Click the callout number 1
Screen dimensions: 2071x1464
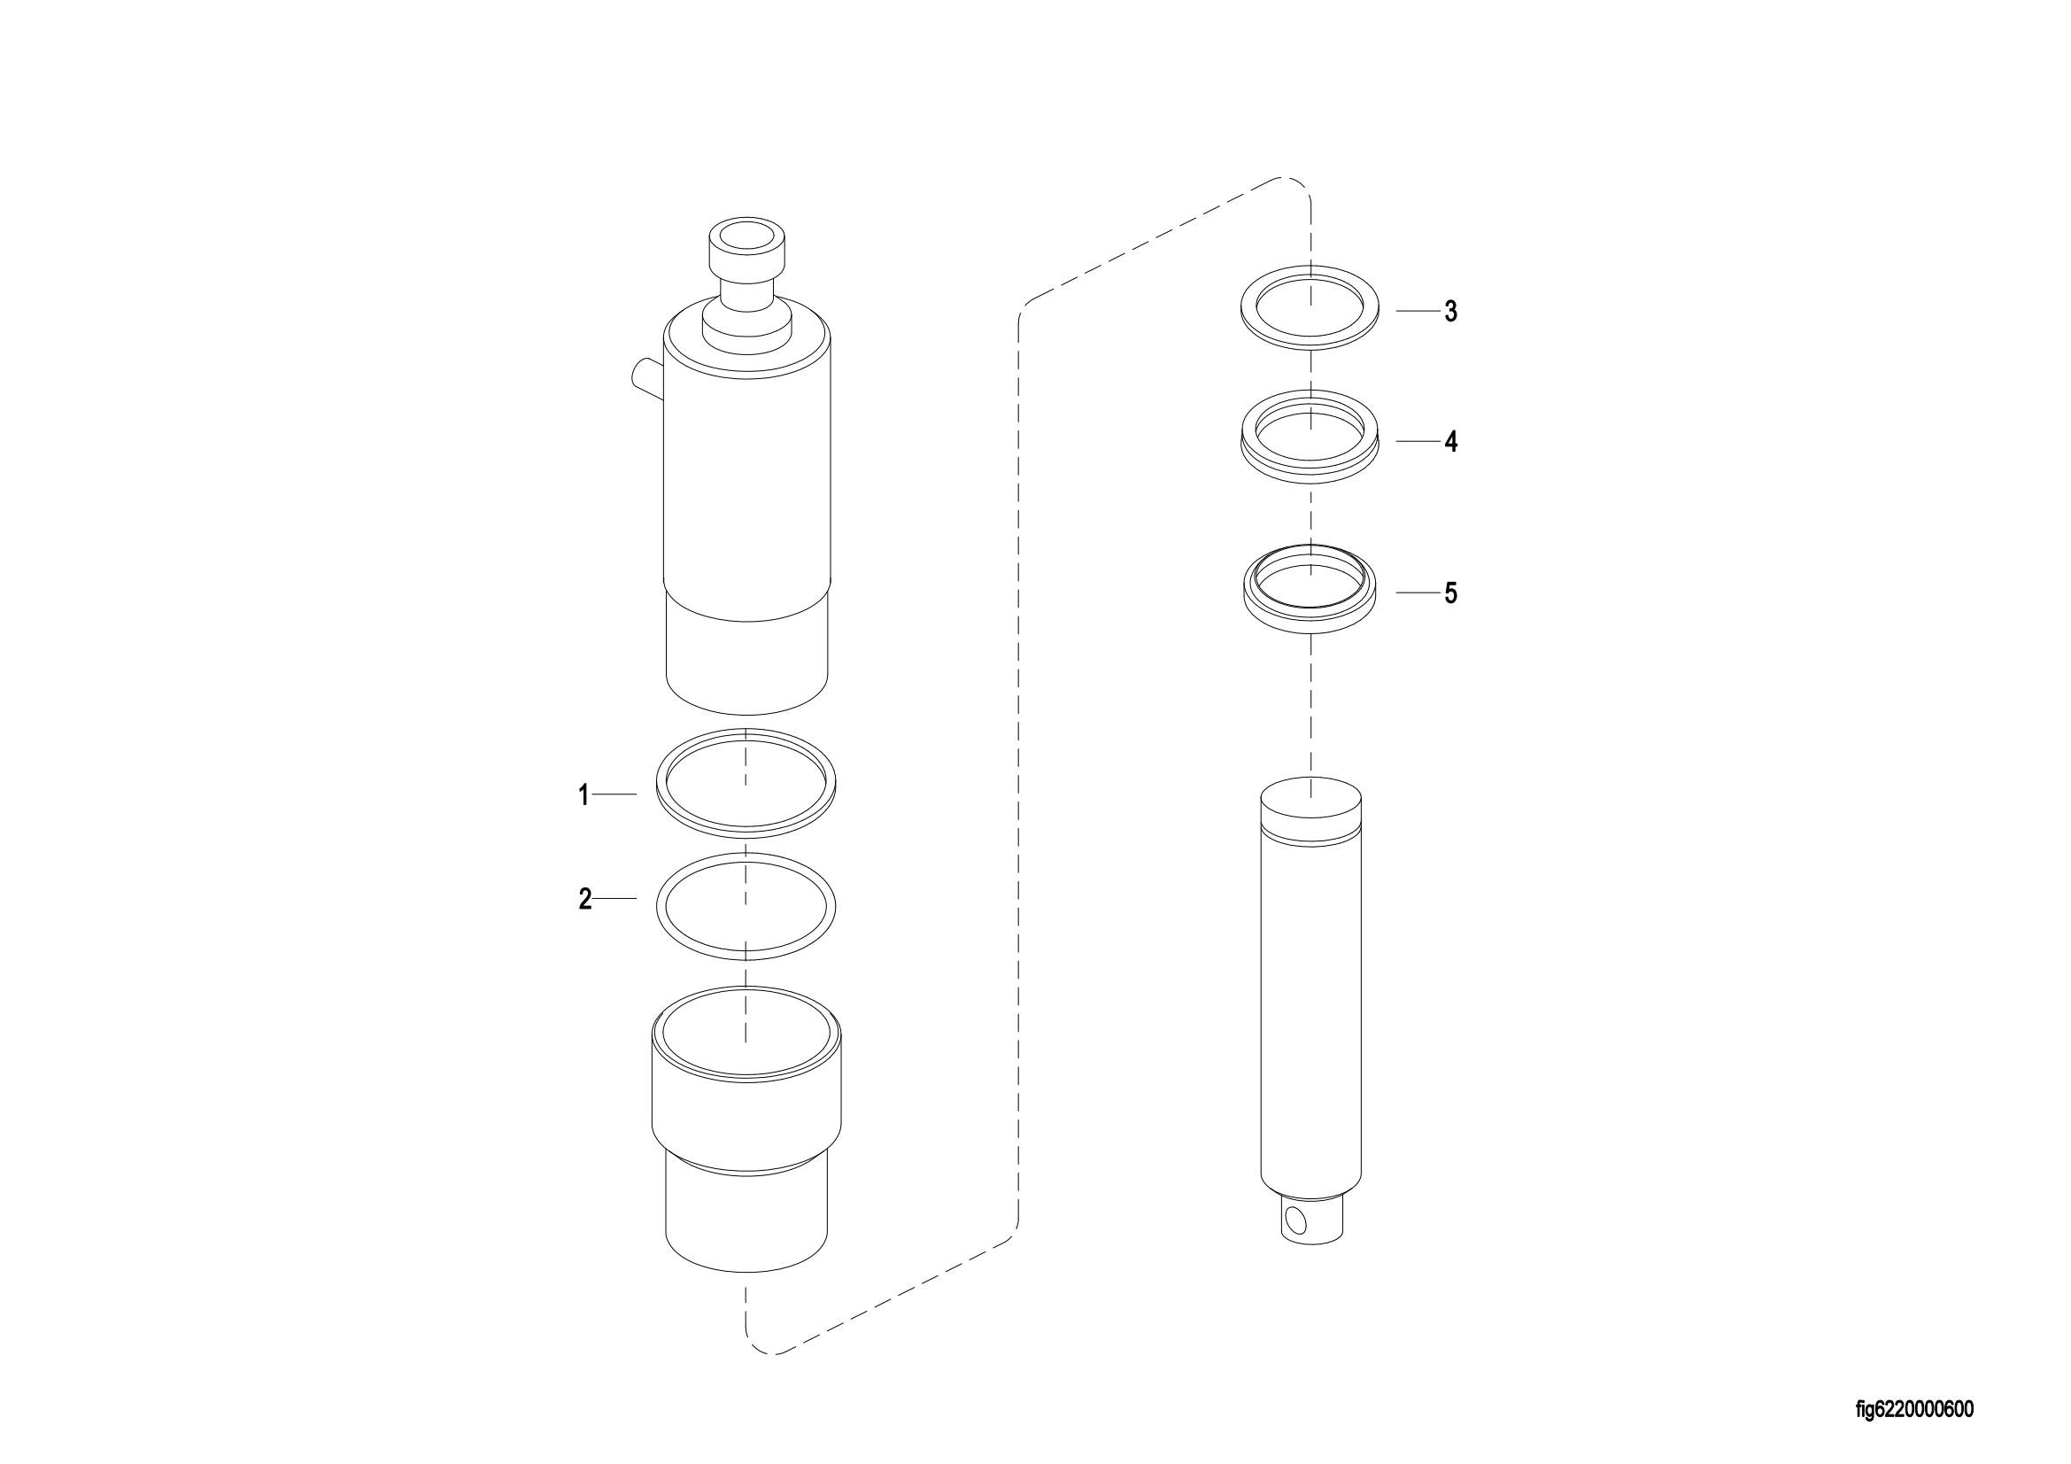tap(583, 794)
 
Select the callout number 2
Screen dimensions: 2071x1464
tap(584, 899)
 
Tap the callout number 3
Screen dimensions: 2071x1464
tap(1450, 311)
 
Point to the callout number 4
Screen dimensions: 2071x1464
tap(1450, 442)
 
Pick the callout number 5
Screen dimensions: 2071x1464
tap(1450, 593)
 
